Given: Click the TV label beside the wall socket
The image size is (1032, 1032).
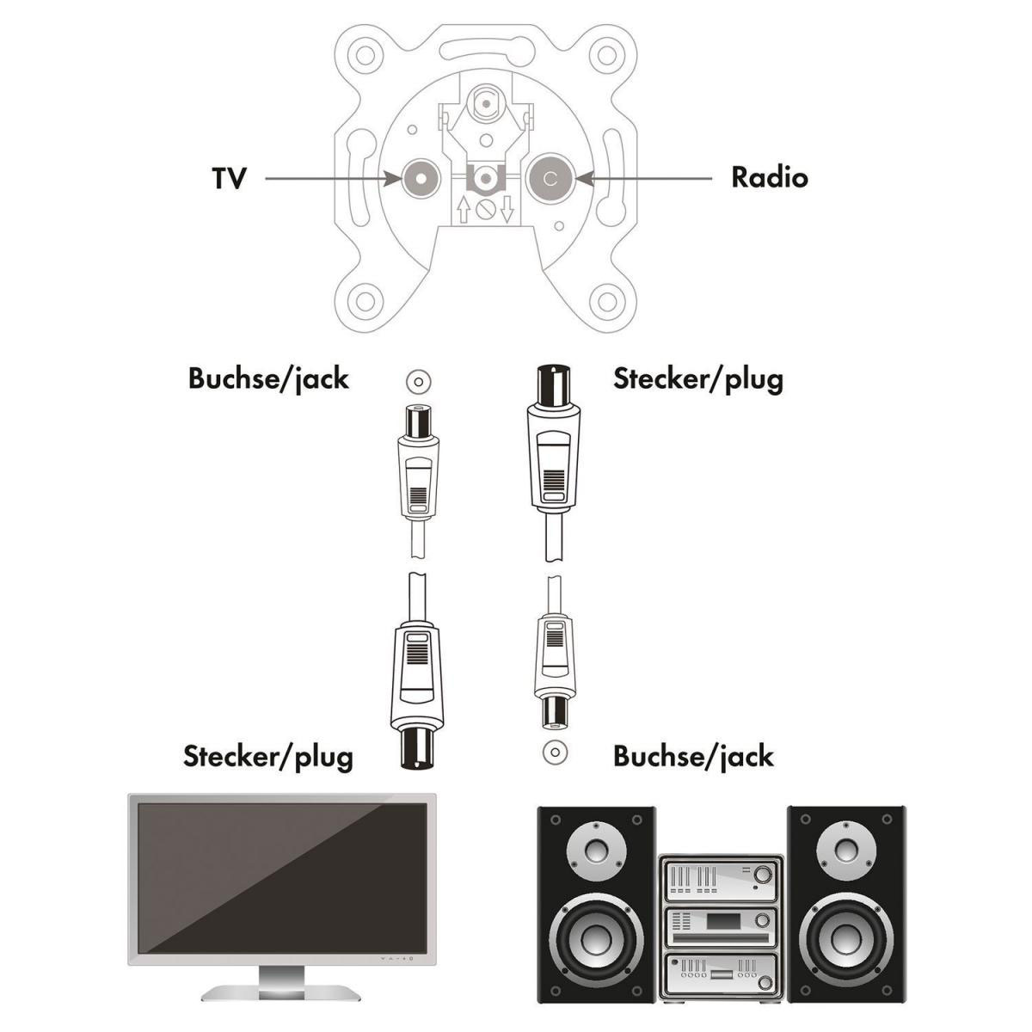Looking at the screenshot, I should tap(229, 178).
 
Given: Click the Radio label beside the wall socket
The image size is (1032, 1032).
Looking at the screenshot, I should tap(769, 177).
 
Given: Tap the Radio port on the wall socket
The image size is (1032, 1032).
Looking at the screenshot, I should tap(551, 179).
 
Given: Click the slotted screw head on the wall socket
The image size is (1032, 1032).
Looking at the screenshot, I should tap(486, 209).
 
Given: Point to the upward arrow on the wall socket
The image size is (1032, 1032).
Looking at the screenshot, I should tap(464, 209).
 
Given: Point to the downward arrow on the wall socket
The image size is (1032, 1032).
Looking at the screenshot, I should tap(507, 209).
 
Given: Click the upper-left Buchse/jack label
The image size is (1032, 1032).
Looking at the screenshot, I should tap(268, 378).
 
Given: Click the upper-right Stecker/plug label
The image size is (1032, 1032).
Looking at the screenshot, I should tap(697, 378).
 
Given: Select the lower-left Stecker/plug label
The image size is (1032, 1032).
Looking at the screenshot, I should tap(267, 756).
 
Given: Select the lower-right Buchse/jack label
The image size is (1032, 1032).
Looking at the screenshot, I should tap(693, 756).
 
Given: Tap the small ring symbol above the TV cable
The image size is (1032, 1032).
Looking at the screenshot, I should tap(418, 381).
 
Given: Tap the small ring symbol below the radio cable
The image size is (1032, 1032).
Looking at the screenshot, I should tap(555, 752).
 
